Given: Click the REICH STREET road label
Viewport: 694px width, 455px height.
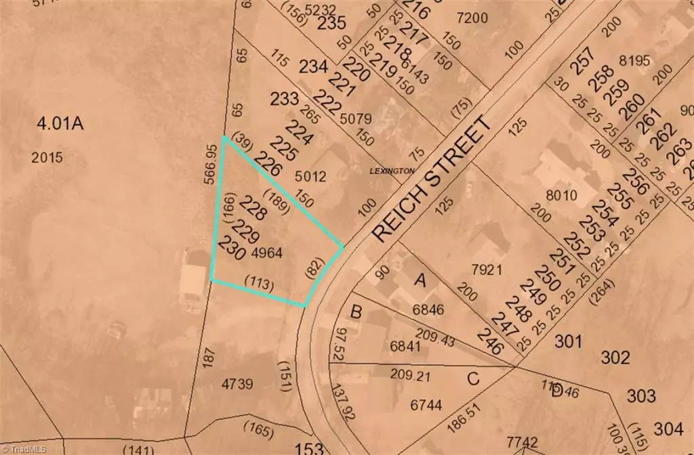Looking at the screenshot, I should [431, 179].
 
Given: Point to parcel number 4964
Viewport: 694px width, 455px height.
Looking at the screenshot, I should [266, 253].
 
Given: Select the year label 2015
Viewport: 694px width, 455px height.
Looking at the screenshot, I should [47, 158].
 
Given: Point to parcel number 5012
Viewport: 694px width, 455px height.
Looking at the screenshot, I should [311, 177].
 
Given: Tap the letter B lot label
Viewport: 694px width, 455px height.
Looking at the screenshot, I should [356, 312].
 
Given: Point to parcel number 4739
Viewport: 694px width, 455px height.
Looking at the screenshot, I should [237, 384].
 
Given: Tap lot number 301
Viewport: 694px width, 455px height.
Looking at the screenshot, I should [569, 341].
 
